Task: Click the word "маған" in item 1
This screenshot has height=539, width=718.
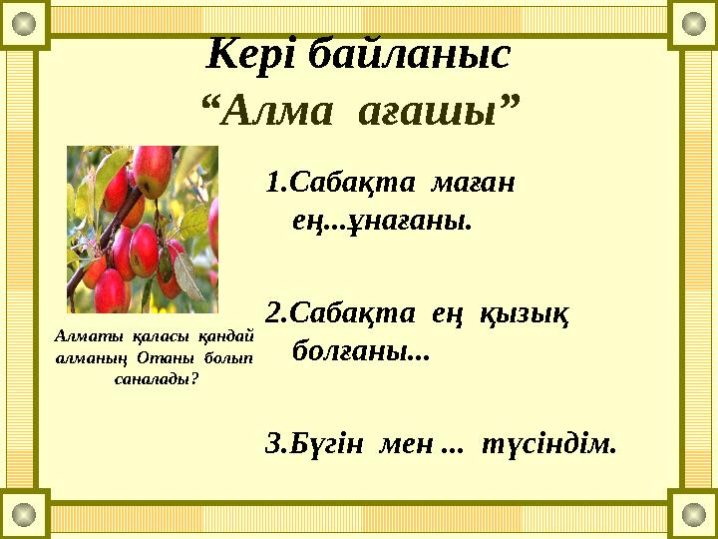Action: point(473,185)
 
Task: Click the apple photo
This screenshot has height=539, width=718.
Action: point(142,230)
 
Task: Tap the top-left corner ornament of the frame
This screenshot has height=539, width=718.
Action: point(24,24)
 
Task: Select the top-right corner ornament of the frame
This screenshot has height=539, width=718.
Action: point(693,24)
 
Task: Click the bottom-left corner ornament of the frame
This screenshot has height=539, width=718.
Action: point(24,514)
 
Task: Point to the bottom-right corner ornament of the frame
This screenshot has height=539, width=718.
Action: point(693,514)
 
